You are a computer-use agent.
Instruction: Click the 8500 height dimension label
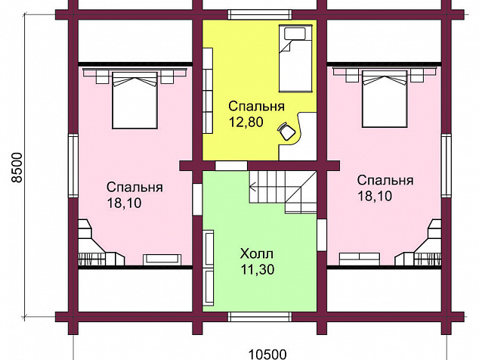point(17,168)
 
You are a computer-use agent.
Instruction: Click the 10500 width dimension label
point(267,355)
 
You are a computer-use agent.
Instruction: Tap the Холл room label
point(257,254)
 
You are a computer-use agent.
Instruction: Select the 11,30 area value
point(257,270)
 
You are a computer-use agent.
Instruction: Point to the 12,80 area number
point(246,122)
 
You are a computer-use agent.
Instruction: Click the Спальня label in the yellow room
point(257,106)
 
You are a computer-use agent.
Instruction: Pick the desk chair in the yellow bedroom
point(286,131)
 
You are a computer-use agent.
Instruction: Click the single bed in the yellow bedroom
point(295,59)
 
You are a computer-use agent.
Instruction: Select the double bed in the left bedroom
point(135,101)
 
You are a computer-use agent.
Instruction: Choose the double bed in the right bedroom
point(385,99)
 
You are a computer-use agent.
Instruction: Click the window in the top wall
point(260,14)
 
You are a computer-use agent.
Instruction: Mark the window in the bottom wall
point(260,317)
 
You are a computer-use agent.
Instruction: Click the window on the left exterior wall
point(73,166)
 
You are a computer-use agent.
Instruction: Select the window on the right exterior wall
point(447,166)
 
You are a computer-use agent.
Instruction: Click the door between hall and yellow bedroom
point(231,166)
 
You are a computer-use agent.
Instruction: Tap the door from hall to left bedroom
point(197,200)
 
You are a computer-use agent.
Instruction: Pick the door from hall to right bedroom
point(322,235)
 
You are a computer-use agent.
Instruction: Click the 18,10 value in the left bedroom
point(125,203)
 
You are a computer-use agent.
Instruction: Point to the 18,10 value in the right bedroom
point(375,196)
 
